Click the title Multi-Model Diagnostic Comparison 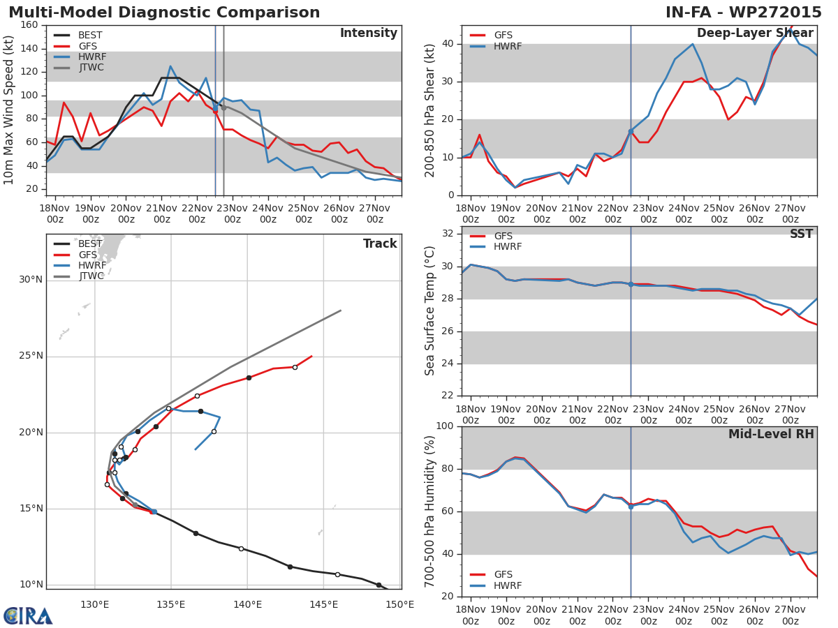(164, 13)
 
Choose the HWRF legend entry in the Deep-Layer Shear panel (508, 46)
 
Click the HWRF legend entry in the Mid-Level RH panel (508, 585)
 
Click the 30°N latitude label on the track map (31, 280)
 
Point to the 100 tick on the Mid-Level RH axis (445, 426)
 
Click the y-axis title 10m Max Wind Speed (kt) (10, 110)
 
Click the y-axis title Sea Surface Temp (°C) (430, 311)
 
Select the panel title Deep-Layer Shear (755, 33)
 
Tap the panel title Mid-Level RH (771, 435)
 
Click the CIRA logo (28, 615)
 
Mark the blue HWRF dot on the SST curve (631, 284)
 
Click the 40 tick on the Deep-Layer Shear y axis (448, 44)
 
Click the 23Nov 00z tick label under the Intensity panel (233, 214)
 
